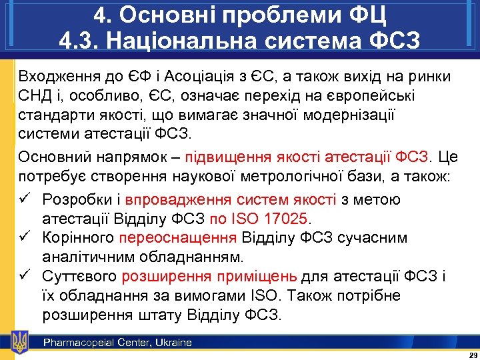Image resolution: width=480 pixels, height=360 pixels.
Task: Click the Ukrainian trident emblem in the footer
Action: (x=21, y=342)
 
